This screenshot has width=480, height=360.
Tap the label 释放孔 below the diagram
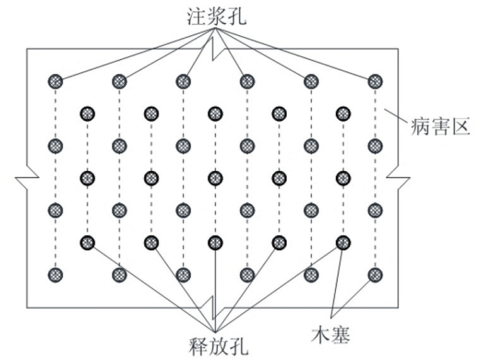(215, 346)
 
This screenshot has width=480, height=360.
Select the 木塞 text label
(332, 332)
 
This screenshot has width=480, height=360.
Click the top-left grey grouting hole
(56, 81)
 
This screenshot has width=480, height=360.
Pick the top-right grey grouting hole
(375, 81)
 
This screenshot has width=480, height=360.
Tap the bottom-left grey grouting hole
(56, 275)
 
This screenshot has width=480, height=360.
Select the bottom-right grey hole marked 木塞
(375, 275)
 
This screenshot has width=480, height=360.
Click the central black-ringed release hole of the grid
(215, 177)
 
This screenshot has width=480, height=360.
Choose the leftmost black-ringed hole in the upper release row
(88, 114)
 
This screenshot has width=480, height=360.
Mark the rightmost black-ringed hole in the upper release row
(343, 114)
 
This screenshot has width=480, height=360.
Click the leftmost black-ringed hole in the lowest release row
(88, 241)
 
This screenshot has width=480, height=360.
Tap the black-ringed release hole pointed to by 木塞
(343, 241)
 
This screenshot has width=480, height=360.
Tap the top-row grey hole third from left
(184, 81)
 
